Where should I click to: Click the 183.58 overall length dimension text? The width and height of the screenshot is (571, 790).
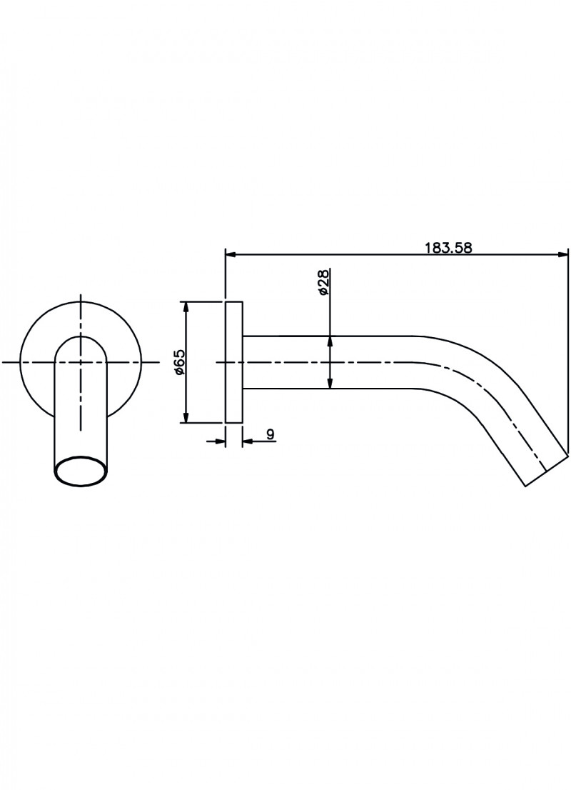(449, 248)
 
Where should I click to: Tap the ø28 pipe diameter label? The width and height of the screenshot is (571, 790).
(323, 284)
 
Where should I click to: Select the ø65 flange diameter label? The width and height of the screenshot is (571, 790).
(179, 361)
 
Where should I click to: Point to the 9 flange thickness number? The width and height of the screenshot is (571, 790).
(270, 434)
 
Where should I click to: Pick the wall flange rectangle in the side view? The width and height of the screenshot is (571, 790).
(234, 362)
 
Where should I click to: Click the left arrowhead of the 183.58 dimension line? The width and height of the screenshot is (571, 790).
(230, 254)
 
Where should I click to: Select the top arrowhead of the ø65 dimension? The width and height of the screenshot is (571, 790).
(186, 306)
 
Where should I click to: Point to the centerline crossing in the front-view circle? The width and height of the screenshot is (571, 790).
(81, 362)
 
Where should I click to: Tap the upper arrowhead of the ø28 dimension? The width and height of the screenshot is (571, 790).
(330, 341)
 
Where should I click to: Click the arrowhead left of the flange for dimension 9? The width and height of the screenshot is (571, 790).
(221, 441)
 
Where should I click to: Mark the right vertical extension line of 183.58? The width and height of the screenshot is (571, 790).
(568, 350)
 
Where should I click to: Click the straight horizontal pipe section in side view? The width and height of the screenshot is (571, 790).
(328, 362)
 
